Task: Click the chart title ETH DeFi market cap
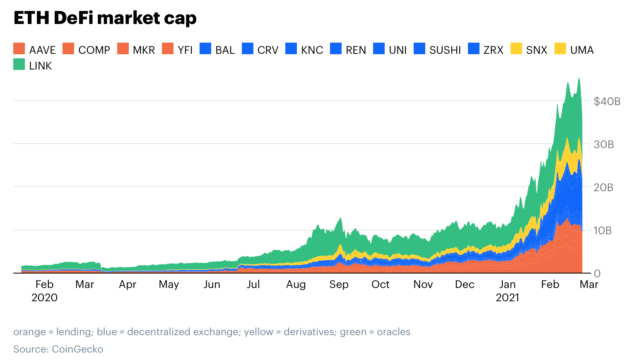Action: point(105,18)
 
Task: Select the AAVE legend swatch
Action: point(19,49)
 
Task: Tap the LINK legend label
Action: point(40,66)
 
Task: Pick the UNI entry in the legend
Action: point(398,50)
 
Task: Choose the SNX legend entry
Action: point(536,50)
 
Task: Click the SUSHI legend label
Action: point(445,50)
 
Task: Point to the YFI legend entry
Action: point(185,50)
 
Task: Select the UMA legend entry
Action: point(581,50)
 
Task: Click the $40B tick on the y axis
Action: point(607,101)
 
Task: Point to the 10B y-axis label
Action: point(602,230)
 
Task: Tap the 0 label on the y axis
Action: point(597,274)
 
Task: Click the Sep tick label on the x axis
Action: point(339,285)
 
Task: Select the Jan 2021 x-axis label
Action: point(507,291)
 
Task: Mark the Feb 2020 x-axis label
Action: point(44,291)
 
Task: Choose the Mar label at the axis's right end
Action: point(589,285)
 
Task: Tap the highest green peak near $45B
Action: point(579,79)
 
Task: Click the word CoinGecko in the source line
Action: point(77,349)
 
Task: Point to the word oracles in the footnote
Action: point(393,332)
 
